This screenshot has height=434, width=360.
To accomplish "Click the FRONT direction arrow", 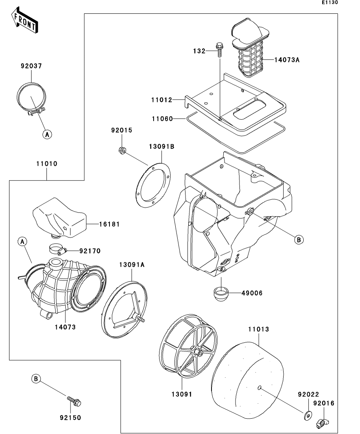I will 24,20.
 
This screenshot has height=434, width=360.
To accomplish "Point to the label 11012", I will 161,100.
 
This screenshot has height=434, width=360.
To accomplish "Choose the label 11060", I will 161,118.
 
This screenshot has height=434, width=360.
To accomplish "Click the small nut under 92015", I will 122,150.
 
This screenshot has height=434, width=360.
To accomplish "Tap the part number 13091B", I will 161,147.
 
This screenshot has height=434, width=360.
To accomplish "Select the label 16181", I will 109,224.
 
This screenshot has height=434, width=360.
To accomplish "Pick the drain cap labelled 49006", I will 222,293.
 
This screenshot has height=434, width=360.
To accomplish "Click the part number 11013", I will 259,329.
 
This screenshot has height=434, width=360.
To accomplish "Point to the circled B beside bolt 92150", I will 36,379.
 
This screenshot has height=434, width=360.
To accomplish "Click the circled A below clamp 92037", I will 47,134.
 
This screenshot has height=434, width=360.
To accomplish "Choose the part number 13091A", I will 132,265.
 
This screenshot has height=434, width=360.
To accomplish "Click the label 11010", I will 47,163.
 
